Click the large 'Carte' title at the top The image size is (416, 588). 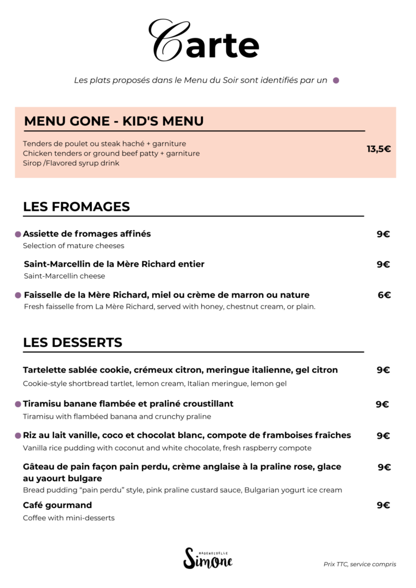click(x=204, y=41)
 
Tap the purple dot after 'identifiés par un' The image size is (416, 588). click(x=336, y=80)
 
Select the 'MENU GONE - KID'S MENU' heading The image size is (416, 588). click(x=114, y=121)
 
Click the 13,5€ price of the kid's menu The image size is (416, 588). click(x=379, y=149)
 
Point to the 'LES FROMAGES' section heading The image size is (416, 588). click(x=76, y=207)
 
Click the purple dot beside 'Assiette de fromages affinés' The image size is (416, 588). click(x=18, y=234)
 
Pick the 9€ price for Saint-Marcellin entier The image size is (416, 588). click(x=383, y=264)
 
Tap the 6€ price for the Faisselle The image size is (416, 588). click(x=384, y=295)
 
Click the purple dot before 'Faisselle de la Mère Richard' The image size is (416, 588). click(x=18, y=295)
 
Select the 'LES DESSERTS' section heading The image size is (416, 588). click(x=72, y=343)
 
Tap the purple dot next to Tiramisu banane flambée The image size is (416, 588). click(x=18, y=404)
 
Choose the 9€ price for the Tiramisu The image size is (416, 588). click(x=382, y=404)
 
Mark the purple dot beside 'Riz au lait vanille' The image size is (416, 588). click(x=18, y=436)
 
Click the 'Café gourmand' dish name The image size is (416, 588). click(x=57, y=505)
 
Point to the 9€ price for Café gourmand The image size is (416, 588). click(x=383, y=505)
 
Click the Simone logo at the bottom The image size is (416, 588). click(x=207, y=558)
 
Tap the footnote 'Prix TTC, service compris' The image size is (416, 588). click(x=360, y=564)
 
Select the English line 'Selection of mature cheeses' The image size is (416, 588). click(x=74, y=246)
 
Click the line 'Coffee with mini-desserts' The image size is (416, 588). click(x=69, y=518)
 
